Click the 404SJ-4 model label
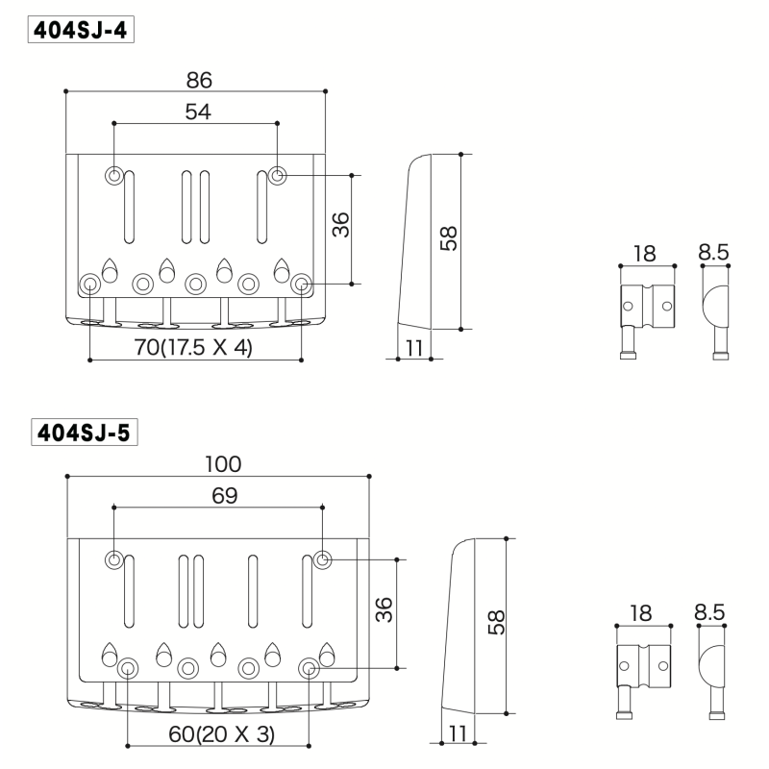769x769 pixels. tap(81, 30)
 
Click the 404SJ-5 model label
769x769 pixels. tap(81, 433)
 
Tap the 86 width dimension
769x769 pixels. tap(200, 80)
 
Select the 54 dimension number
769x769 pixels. tap(197, 112)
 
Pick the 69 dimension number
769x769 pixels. tap(223, 495)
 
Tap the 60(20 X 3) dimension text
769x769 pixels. tap(221, 733)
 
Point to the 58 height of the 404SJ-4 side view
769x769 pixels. tap(447, 238)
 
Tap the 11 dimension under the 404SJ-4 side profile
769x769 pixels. tap(414, 348)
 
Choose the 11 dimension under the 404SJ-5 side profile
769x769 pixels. tap(458, 733)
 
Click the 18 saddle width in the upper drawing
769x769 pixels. tap(644, 254)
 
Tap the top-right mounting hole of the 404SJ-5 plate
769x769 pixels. tap(323, 559)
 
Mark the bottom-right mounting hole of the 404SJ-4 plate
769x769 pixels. tap(301, 283)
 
